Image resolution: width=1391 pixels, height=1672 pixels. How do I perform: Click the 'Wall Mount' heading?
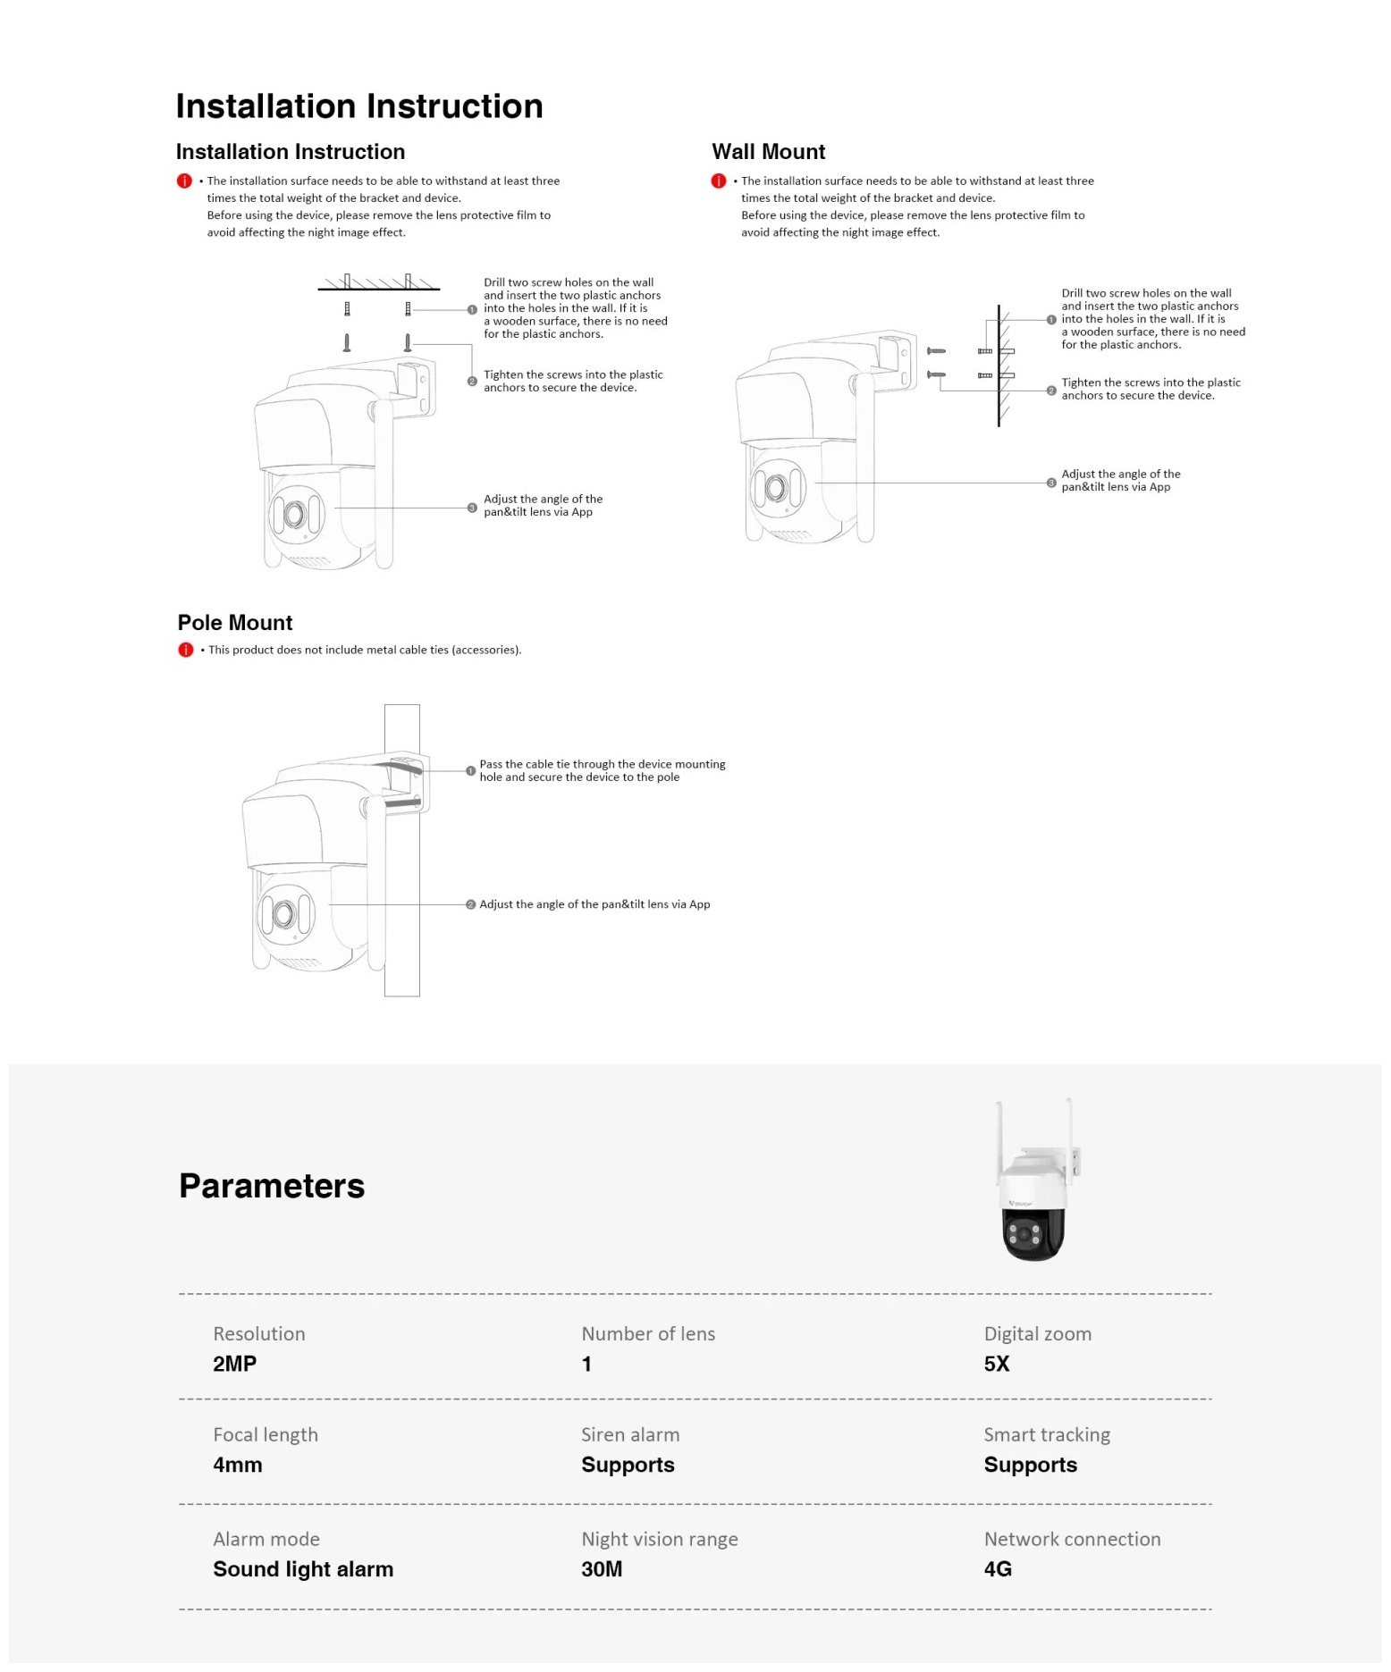(768, 152)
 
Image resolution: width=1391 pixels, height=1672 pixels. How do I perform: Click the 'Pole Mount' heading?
(235, 623)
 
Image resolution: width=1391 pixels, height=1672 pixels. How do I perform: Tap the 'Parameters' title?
(272, 1186)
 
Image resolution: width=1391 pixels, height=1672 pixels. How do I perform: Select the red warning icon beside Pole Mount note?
(186, 650)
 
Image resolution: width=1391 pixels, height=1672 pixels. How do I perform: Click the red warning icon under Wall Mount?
(719, 181)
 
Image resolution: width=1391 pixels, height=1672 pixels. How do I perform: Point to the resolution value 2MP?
(234, 1364)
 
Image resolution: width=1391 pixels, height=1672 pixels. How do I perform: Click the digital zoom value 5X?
(997, 1364)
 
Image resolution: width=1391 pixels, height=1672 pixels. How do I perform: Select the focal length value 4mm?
(238, 1465)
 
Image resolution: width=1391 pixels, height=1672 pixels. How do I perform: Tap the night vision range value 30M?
(602, 1569)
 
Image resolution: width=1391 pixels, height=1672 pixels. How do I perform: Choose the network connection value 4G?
(998, 1569)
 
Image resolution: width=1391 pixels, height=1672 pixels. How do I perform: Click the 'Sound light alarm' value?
(303, 1569)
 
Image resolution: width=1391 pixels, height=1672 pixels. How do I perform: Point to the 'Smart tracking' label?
(1047, 1434)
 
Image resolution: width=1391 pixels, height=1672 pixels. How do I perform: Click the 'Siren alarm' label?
(630, 1434)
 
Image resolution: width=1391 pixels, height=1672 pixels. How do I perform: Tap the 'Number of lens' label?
(648, 1333)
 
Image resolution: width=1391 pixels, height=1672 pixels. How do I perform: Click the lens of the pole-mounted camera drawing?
(284, 914)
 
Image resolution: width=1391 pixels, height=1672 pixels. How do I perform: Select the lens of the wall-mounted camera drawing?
(775, 488)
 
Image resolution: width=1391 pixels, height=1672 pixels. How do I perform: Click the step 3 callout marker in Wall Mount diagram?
(1051, 483)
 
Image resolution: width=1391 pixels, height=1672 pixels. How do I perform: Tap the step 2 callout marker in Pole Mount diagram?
(471, 904)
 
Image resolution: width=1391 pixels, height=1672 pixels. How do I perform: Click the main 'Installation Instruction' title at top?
(358, 105)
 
